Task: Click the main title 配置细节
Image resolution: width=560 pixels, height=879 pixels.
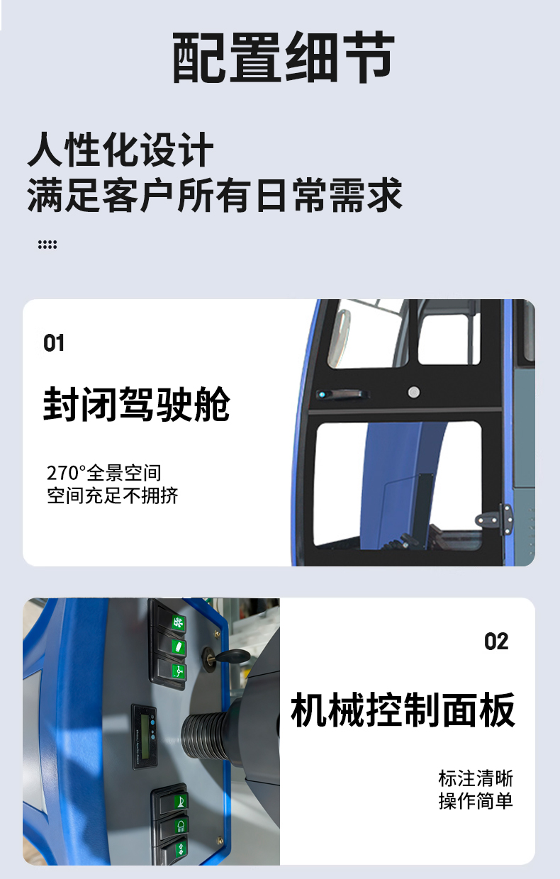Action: coord(284,57)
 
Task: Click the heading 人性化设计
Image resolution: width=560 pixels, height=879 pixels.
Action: coord(121,150)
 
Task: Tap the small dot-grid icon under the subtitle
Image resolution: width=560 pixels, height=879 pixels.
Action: coord(47,245)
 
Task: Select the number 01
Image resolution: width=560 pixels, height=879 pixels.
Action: coord(54,343)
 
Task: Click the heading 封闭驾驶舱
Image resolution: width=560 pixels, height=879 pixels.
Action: coord(137,404)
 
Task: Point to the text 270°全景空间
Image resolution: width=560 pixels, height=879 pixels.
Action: coord(104,473)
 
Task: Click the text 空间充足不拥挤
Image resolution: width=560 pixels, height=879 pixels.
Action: coord(113,496)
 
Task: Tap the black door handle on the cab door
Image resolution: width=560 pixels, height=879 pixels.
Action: coord(342,394)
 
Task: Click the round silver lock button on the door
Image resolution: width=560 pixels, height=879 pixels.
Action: coord(414,392)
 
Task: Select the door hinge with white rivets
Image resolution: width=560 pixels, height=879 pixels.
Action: coord(495,519)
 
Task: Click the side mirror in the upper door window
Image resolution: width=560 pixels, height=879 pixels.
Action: coord(339,338)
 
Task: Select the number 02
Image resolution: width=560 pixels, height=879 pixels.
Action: coord(496,642)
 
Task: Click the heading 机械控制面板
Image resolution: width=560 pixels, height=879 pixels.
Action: coord(403,710)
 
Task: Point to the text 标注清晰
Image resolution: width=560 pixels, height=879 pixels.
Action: coord(476,778)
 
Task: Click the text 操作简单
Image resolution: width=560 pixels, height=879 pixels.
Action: coord(476,801)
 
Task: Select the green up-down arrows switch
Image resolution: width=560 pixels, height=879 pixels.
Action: coord(181,849)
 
